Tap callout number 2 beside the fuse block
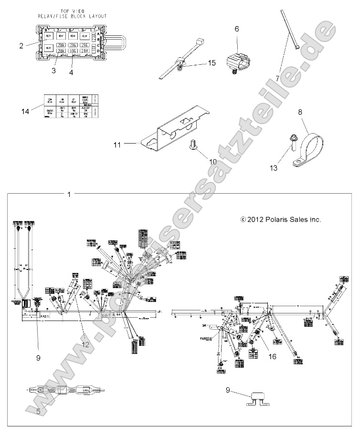click(x=21, y=46)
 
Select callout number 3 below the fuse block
click(x=54, y=71)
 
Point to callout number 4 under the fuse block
click(x=71, y=72)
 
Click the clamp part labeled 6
click(x=237, y=62)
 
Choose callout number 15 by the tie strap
click(x=211, y=62)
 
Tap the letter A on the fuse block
click(x=97, y=34)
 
